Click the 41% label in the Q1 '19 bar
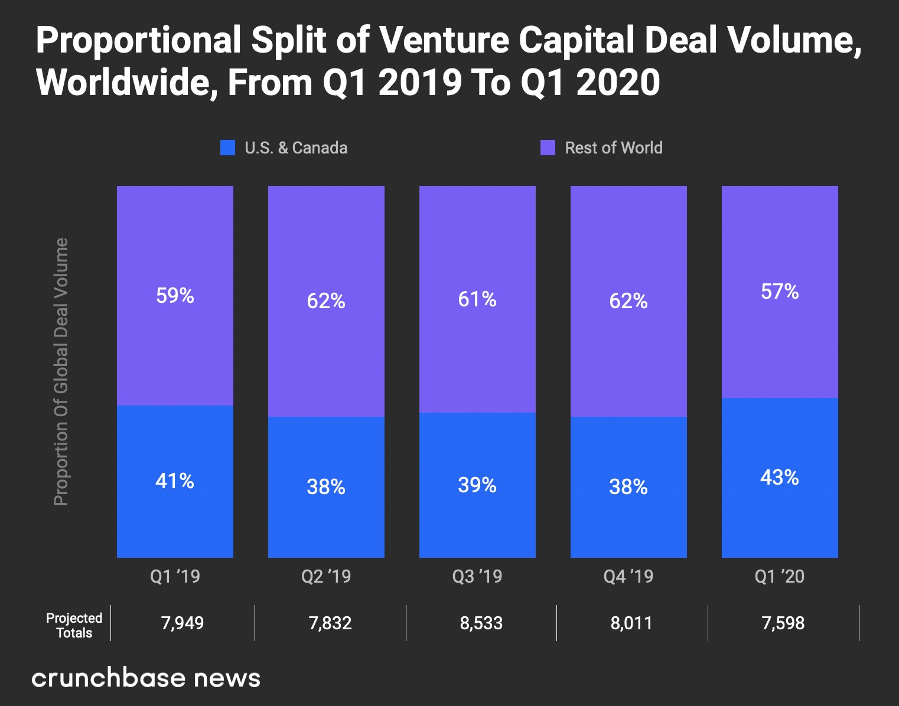(175, 481)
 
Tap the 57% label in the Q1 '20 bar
(780, 292)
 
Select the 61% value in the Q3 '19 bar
(477, 299)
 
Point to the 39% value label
(477, 485)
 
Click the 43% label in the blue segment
(780, 477)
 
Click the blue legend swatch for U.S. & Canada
(227, 148)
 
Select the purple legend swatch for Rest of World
(548, 148)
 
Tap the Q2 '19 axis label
(326, 576)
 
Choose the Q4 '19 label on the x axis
(628, 576)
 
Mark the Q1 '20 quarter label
(780, 576)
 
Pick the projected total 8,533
(481, 623)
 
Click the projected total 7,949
(183, 623)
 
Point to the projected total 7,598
(783, 623)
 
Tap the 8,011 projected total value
(631, 623)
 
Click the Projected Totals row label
(74, 625)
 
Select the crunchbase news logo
(146, 678)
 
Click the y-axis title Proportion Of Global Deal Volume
(61, 372)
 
